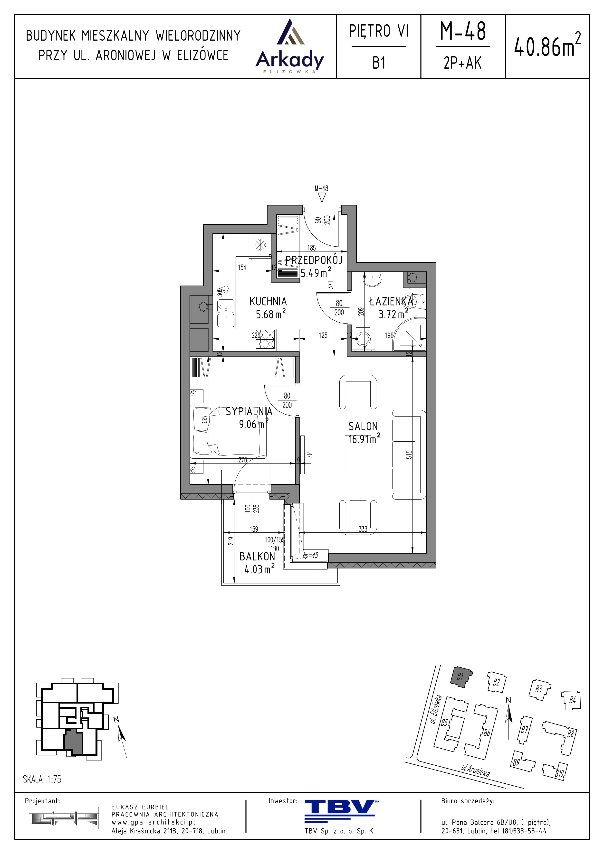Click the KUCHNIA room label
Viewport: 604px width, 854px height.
[268, 301]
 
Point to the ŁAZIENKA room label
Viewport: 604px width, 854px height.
[391, 301]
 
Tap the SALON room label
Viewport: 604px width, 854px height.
[363, 426]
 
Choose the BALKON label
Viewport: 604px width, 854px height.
[257, 557]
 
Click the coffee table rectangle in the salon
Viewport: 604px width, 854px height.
[358, 458]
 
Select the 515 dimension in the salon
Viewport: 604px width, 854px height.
[409, 455]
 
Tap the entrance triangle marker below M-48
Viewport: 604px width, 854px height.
[322, 197]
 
